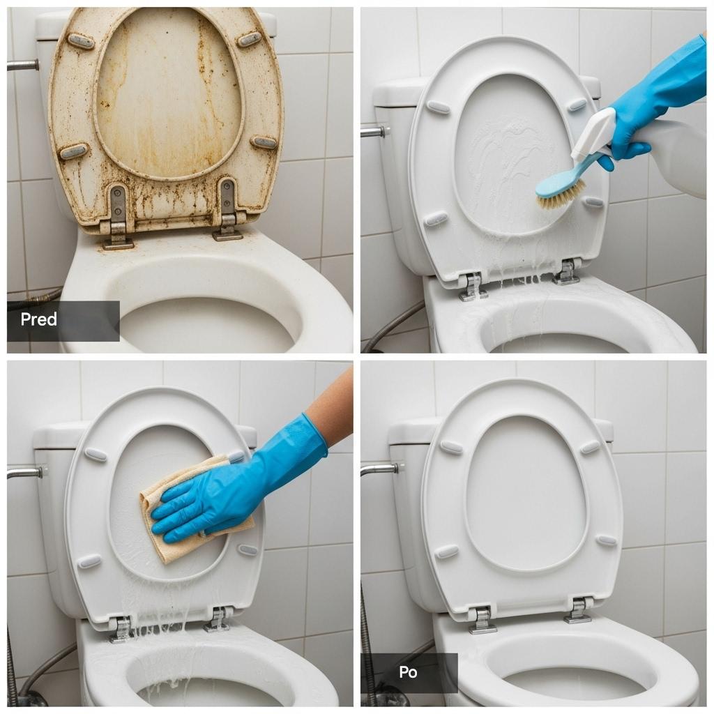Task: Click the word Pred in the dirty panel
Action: pyautogui.click(x=39, y=319)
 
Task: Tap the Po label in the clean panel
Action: pyautogui.click(x=408, y=672)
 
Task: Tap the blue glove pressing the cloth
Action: pyautogui.click(x=237, y=483)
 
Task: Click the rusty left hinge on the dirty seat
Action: pyautogui.click(x=117, y=216)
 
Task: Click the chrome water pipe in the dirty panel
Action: pyautogui.click(x=23, y=65)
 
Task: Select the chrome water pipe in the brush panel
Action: pyautogui.click(x=375, y=132)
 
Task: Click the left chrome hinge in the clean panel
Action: pyautogui.click(x=482, y=620)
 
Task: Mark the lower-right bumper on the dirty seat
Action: pyautogui.click(x=264, y=142)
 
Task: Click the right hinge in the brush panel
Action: pyautogui.click(x=566, y=272)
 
